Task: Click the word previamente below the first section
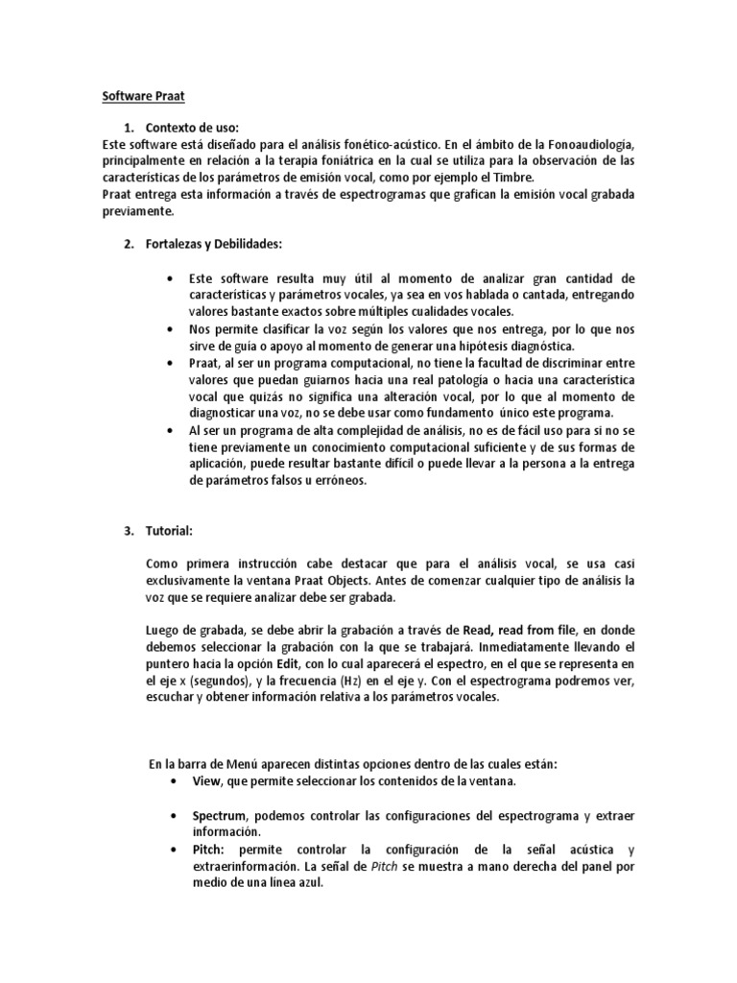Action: (x=139, y=211)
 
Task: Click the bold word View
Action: (x=206, y=780)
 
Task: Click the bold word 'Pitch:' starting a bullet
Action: (x=210, y=851)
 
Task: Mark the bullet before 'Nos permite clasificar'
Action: (x=170, y=328)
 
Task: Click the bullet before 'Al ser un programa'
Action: (x=170, y=432)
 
